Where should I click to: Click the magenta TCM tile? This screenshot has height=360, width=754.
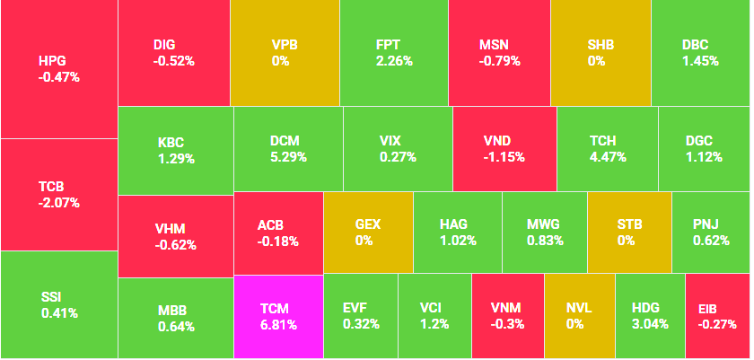(277, 317)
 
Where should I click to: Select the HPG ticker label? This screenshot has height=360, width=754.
(52, 61)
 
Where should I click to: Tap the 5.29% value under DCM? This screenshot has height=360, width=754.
(288, 157)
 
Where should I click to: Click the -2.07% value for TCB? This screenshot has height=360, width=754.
(59, 203)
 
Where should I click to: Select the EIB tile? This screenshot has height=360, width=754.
(716, 317)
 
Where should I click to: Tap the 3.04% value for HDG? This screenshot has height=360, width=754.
(650, 324)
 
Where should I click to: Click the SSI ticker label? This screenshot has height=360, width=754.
(52, 296)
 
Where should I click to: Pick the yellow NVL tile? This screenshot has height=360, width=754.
(579, 317)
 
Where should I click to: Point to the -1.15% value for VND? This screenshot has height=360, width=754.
(504, 157)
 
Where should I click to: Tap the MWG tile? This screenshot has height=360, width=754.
(545, 232)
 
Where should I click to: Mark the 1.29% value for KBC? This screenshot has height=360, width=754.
(176, 159)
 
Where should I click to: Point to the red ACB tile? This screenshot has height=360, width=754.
(277, 232)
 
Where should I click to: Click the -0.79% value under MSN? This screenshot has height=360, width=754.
(498, 61)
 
